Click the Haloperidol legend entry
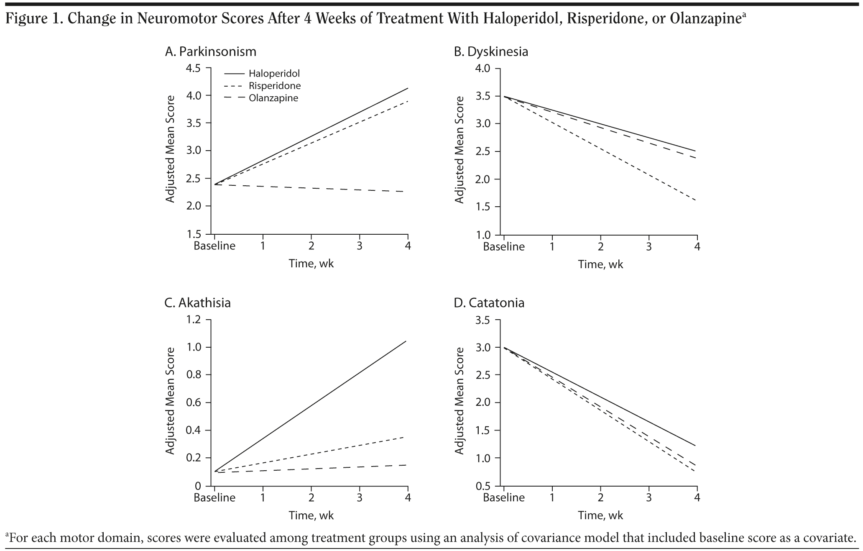[274, 74]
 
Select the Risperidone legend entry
[274, 86]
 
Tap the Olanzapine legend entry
[273, 98]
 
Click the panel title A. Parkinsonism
[210, 51]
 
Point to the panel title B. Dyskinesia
[491, 51]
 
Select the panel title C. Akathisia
[197, 302]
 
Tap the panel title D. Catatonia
[489, 302]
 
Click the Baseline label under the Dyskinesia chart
[504, 246]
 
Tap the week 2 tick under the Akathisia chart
[311, 497]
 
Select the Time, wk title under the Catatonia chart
[600, 515]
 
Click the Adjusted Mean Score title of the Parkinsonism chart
[170, 149]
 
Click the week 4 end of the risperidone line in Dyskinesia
[696, 201]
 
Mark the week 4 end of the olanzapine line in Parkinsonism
[404, 192]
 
